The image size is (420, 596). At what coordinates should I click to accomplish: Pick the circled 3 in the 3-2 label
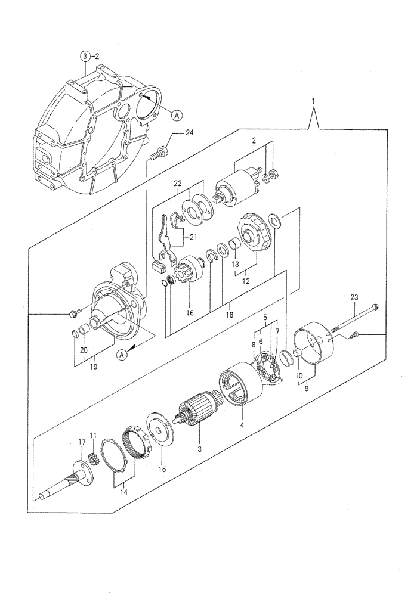(87, 56)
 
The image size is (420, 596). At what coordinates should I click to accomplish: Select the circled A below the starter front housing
(122, 355)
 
